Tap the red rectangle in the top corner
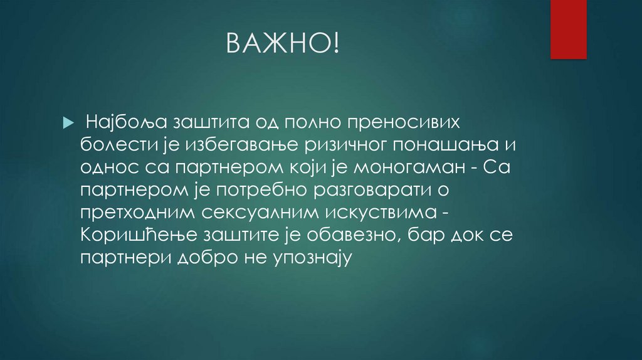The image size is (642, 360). tap(568, 29)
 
